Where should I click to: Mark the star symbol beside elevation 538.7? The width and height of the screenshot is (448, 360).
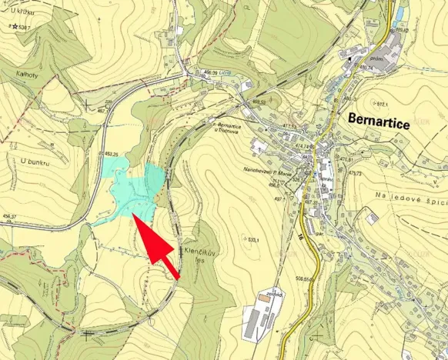15,26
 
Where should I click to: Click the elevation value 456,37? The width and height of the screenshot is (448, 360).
9,216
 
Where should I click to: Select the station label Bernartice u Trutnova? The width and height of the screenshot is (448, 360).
235,127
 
